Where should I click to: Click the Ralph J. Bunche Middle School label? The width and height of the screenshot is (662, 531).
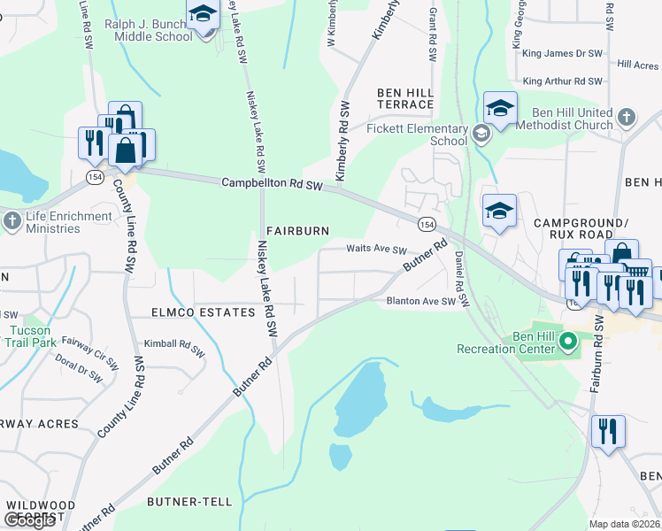(148, 30)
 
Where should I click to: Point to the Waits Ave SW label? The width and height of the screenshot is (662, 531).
(376, 250)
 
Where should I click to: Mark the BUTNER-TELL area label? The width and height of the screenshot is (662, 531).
(189, 502)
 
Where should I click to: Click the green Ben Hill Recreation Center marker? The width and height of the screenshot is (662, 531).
(569, 340)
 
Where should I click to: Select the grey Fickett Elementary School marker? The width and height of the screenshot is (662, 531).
(481, 135)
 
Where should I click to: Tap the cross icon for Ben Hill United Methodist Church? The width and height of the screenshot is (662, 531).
(626, 118)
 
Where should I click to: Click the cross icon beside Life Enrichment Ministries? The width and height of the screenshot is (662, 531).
(13, 221)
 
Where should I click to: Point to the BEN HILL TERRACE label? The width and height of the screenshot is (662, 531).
(405, 98)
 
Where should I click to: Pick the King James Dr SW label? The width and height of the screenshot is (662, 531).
(562, 54)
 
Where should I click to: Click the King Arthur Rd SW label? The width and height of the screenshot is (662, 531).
(562, 81)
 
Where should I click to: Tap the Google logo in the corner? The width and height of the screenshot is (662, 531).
(29, 520)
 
